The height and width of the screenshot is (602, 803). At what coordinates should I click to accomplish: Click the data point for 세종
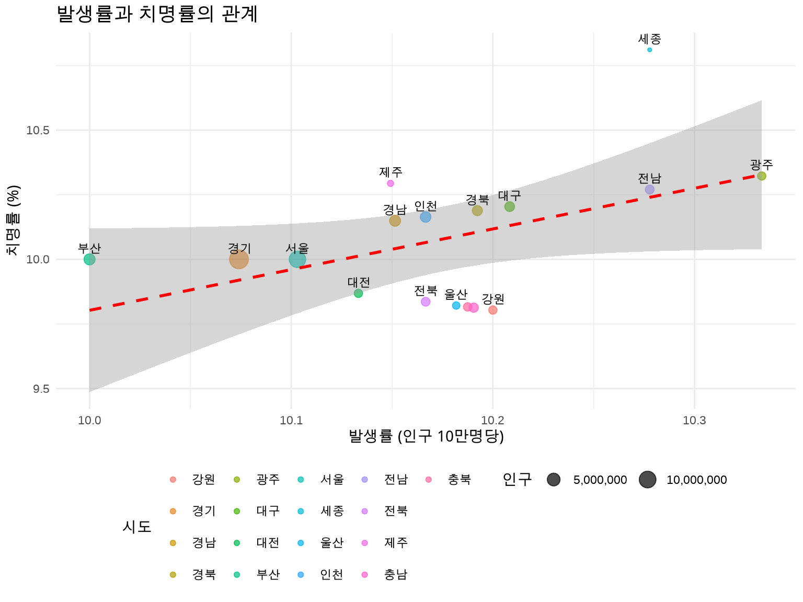pyautogui.click(x=649, y=50)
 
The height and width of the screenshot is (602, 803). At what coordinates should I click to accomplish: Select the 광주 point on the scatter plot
pyautogui.click(x=761, y=176)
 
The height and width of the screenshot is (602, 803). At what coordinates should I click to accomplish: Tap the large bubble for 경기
pyautogui.click(x=239, y=259)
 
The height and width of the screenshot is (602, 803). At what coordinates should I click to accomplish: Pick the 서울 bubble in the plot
pyautogui.click(x=297, y=259)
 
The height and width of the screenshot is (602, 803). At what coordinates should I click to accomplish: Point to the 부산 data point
pyautogui.click(x=89, y=259)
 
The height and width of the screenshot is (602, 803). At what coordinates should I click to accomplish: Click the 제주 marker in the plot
pyautogui.click(x=391, y=183)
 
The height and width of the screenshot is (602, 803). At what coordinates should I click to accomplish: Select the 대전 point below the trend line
pyautogui.click(x=358, y=294)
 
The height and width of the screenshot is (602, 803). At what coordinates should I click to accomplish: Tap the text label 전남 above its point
pyautogui.click(x=649, y=178)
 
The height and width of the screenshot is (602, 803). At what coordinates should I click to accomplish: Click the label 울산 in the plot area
pyautogui.click(x=455, y=294)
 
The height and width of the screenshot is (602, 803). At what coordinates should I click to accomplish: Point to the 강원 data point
pyautogui.click(x=492, y=310)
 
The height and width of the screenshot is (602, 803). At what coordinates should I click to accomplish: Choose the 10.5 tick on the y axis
pyautogui.click(x=38, y=130)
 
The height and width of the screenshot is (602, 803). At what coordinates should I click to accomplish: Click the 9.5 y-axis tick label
pyautogui.click(x=41, y=389)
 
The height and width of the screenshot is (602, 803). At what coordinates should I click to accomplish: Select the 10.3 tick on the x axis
pyautogui.click(x=694, y=421)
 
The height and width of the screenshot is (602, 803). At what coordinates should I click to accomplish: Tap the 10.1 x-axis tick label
pyautogui.click(x=291, y=421)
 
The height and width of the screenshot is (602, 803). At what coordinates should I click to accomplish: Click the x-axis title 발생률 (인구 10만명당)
pyautogui.click(x=426, y=436)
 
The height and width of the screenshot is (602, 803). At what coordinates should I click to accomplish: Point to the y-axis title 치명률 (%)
pyautogui.click(x=14, y=220)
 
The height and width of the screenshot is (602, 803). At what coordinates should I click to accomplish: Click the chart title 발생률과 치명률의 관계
pyautogui.click(x=157, y=14)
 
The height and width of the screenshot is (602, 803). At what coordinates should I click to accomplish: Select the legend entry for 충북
pyautogui.click(x=459, y=480)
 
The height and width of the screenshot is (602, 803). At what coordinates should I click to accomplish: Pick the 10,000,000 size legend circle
pyautogui.click(x=647, y=480)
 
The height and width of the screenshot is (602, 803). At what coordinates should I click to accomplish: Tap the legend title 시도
pyautogui.click(x=137, y=527)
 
